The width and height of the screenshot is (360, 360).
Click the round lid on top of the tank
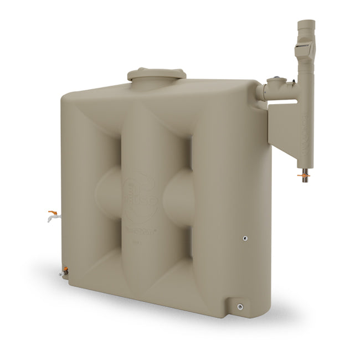pos(156,75)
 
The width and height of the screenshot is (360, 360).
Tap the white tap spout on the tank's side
pos(51,219)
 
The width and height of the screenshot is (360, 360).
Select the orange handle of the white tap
pos(53,212)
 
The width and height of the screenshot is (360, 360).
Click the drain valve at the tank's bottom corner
pos(65,272)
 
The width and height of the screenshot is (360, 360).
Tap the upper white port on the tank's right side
pos(245,238)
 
